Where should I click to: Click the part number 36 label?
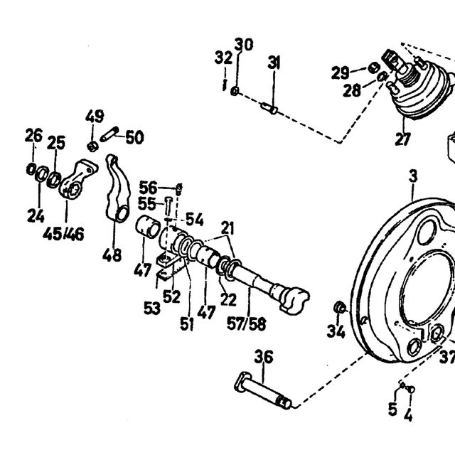tap(264, 357)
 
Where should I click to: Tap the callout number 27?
tap(403, 139)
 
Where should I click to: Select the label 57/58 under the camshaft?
tap(246, 323)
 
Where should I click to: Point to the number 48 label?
tap(112, 255)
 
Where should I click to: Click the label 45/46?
tap(63, 234)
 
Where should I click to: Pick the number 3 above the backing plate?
tap(413, 176)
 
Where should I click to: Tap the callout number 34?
tap(336, 331)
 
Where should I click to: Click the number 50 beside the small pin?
tap(134, 137)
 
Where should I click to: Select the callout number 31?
tap(274, 63)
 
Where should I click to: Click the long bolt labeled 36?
tap(262, 391)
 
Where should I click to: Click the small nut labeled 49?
tap(92, 146)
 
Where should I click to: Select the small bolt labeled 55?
tap(168, 207)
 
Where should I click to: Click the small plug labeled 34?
tap(340, 308)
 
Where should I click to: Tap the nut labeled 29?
tap(375, 68)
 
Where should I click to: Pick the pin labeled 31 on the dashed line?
tap(269, 108)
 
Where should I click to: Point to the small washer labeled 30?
tap(235, 92)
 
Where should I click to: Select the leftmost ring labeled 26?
tap(31, 169)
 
